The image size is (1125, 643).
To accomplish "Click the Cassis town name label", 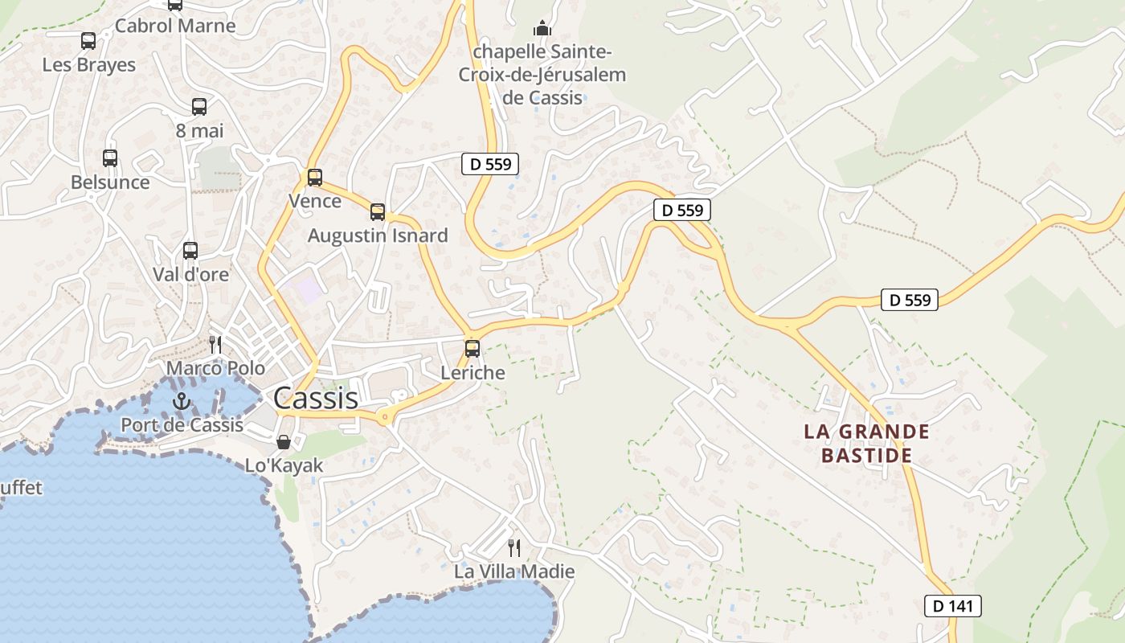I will point(316,398).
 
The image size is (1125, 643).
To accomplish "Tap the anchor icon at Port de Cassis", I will point(182,400).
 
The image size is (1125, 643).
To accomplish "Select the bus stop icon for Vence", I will point(315,178).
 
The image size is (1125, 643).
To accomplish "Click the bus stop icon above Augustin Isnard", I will point(378,212).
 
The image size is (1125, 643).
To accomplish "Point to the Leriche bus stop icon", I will point(472,349).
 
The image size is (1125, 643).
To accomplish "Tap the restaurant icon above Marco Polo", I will point(215,345).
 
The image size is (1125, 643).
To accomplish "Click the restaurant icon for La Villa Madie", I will point(514,548).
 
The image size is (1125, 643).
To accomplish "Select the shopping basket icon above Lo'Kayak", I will point(284,442).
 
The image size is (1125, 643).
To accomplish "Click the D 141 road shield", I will point(953,606).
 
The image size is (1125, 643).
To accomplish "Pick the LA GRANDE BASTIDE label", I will point(867,444).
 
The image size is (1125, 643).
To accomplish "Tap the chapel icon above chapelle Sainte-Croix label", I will point(543,29).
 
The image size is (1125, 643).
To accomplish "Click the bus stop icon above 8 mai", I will point(199,106).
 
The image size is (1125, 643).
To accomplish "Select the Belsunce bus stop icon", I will point(110,158).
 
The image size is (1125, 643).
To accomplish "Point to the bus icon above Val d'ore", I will point(190,251).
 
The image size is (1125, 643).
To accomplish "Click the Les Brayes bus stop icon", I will point(88,40).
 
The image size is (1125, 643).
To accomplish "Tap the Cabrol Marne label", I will point(175,26).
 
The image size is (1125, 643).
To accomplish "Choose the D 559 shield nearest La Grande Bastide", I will point(910,300).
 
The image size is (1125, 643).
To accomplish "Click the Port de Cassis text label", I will point(182,424).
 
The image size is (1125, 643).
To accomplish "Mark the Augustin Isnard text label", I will point(378,235).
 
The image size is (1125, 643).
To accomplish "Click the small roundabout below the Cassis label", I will point(385,416).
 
